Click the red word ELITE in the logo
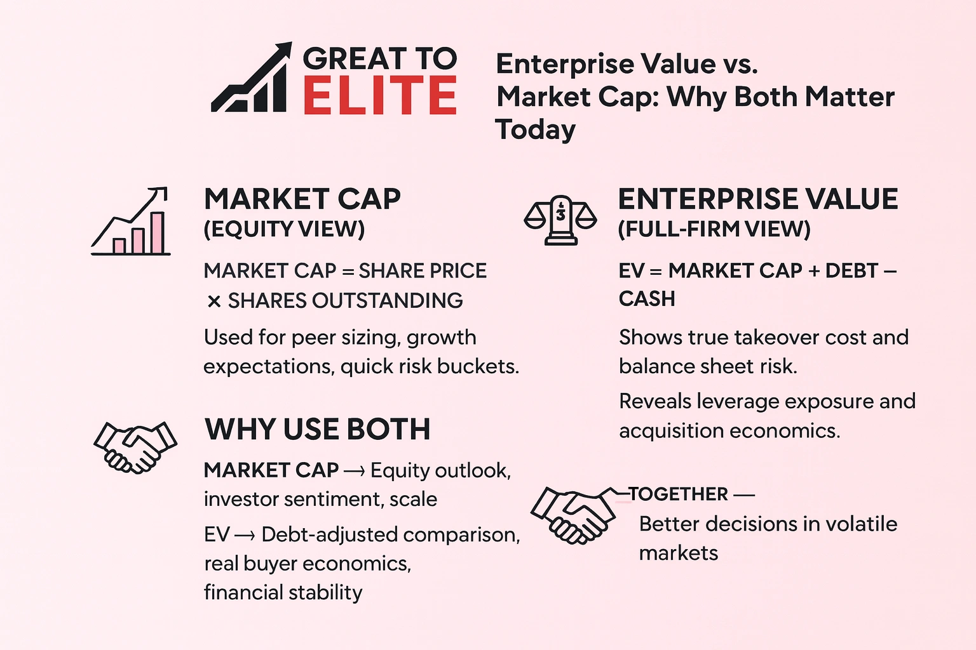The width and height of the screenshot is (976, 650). click(x=379, y=96)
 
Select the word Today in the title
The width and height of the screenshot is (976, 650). click(x=535, y=130)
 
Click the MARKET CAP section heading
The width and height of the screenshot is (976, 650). click(x=302, y=199)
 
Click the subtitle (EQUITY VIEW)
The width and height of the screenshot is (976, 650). click(x=284, y=229)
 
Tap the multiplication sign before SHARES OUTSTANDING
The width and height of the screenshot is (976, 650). click(x=213, y=302)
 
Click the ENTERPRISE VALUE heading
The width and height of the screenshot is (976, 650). click(x=757, y=199)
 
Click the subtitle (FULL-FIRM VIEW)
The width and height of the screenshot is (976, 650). click(x=714, y=229)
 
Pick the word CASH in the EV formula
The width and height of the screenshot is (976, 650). click(x=647, y=299)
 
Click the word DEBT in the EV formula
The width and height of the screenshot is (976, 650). click(x=851, y=271)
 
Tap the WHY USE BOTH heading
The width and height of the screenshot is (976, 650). click(x=317, y=430)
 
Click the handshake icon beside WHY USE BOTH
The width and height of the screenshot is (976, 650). click(x=135, y=447)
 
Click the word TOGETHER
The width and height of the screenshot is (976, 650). click(x=679, y=494)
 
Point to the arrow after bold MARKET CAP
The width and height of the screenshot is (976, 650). click(x=354, y=471)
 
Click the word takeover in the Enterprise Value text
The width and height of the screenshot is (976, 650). click(x=775, y=338)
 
